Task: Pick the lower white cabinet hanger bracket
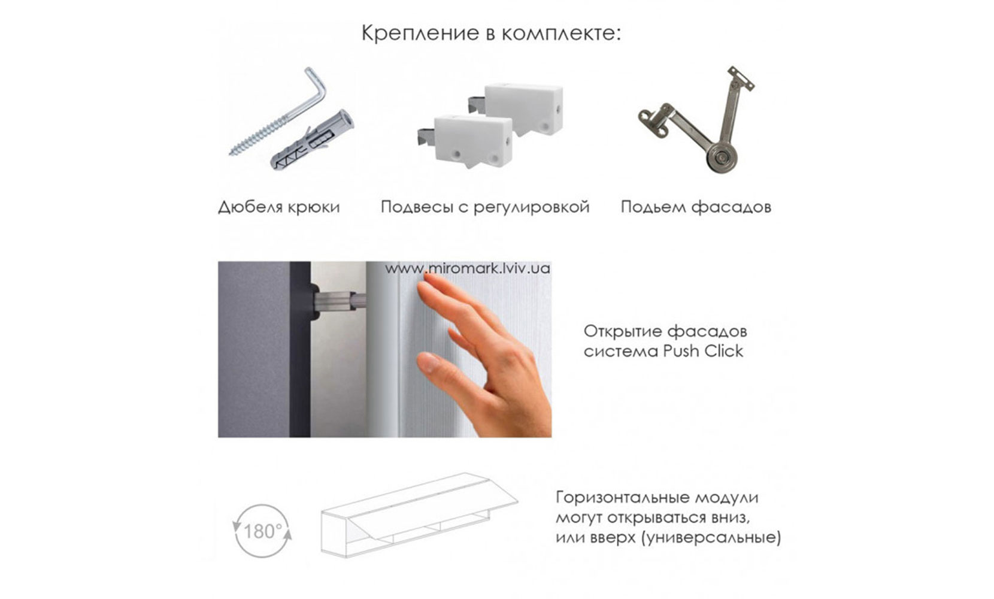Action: point(473,140)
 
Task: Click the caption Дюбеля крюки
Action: point(278,207)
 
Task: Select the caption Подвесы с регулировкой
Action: point(484,207)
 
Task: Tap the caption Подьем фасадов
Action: point(695,207)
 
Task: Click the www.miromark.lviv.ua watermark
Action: point(467,268)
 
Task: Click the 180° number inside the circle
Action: point(262,531)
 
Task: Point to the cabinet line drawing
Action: point(419,515)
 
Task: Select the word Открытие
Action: point(622,331)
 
